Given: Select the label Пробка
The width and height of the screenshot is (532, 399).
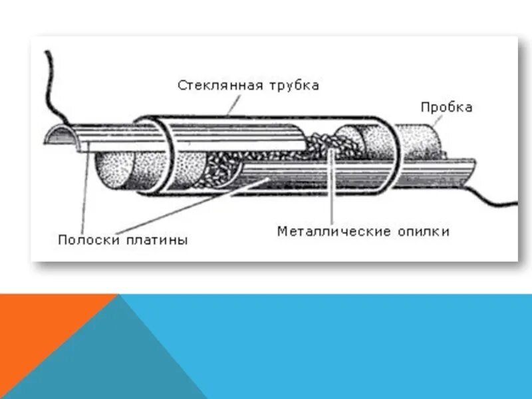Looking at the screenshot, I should [x=446, y=108].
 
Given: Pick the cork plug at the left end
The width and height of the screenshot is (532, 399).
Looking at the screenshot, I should [x=116, y=170].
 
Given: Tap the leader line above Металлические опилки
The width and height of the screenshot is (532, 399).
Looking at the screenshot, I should [x=331, y=186].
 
